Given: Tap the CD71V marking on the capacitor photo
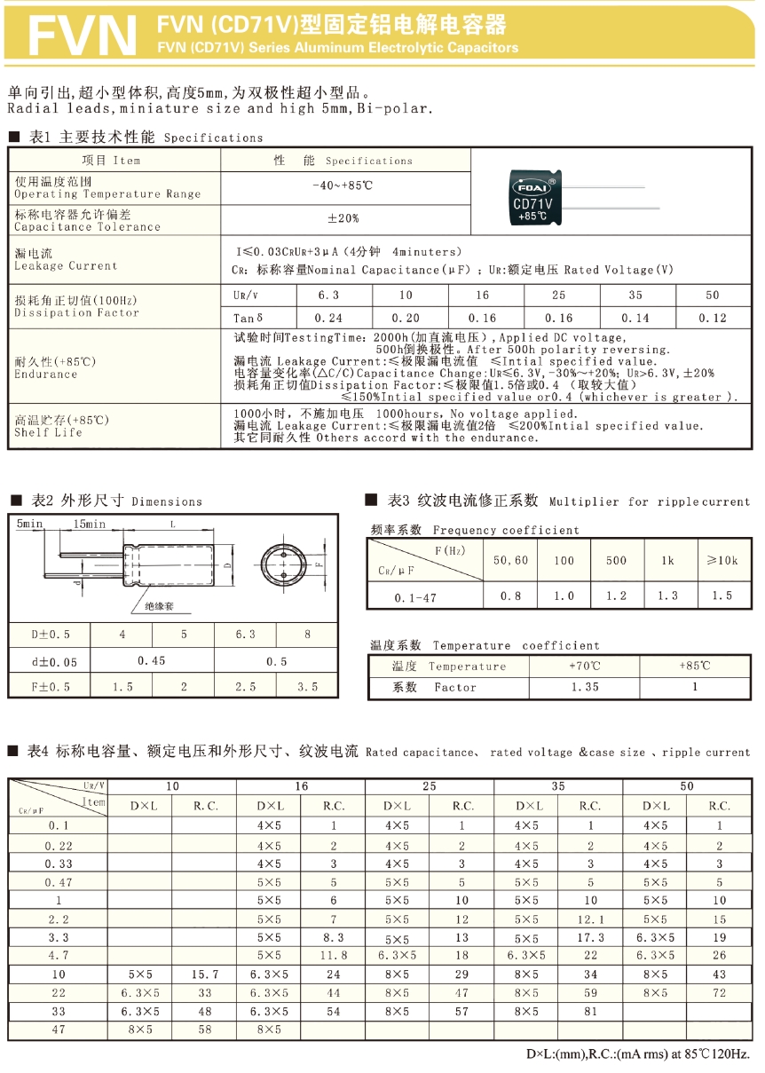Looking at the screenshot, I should [532, 203].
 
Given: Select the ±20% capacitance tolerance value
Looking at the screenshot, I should [343, 218].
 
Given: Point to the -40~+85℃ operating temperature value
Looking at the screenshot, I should [343, 185].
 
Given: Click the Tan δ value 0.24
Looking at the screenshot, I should [330, 318].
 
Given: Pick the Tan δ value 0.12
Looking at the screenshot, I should [713, 318].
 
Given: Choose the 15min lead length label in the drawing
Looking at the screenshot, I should [90, 525].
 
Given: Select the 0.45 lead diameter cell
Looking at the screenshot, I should [152, 661].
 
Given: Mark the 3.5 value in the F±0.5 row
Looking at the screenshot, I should [307, 687].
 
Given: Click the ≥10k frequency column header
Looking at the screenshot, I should [722, 560].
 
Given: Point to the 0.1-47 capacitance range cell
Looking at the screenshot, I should [415, 597].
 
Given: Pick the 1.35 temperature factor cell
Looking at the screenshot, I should [585, 687].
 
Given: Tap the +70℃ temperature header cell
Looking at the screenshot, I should [585, 666].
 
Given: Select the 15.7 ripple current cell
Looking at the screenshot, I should [206, 974].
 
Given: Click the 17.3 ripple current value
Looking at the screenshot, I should [590, 937].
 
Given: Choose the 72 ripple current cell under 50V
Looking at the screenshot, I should [719, 993].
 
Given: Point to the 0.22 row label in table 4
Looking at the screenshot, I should [59, 846].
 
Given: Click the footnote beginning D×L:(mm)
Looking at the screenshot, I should [637, 1054].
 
